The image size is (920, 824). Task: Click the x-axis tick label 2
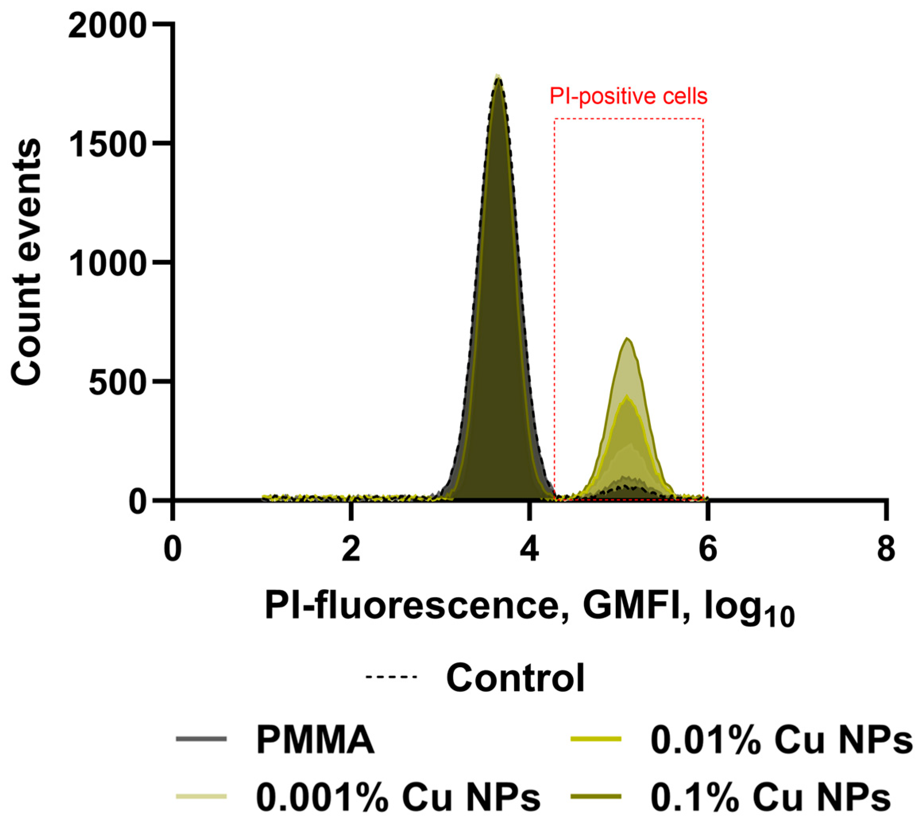(x=351, y=550)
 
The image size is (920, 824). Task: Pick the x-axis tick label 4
(x=529, y=550)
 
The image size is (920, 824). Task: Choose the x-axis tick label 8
(x=886, y=550)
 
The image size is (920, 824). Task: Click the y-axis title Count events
(x=26, y=262)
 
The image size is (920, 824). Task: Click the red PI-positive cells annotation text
(x=629, y=96)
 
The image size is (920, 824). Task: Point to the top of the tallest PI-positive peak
(x=627, y=338)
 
